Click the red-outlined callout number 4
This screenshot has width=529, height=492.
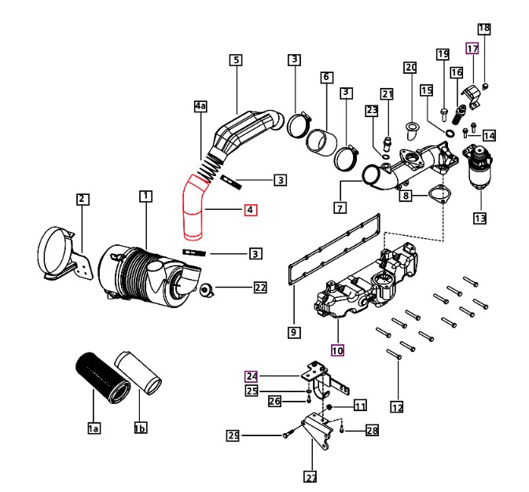click(251, 210)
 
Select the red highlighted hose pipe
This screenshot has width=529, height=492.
click(193, 208)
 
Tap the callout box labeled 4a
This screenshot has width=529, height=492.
click(200, 106)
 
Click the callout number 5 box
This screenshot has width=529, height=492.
click(236, 60)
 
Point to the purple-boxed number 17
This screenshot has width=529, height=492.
click(472, 49)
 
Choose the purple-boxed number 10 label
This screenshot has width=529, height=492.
click(337, 351)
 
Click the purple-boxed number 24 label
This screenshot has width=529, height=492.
click(252, 376)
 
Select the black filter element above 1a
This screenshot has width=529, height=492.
click(102, 378)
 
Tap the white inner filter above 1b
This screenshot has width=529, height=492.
click(138, 373)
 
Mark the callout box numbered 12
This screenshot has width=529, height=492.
click(397, 406)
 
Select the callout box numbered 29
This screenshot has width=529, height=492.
click(233, 435)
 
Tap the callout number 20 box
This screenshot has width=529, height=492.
click(410, 68)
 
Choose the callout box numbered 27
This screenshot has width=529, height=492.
click(310, 476)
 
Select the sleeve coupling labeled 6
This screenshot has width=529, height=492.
click(322, 142)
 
